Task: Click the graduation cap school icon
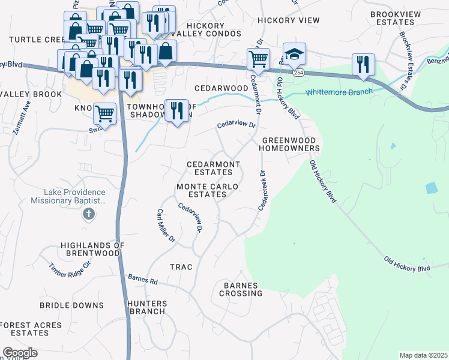(294, 54)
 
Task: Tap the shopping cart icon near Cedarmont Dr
(258, 59)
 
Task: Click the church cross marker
(88, 214)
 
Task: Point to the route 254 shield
(298, 72)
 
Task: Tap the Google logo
(20, 353)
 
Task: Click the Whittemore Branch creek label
(339, 92)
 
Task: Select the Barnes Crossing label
(241, 289)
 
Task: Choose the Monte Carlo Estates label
(207, 191)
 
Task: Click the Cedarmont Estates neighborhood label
(213, 168)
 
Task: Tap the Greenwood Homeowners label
(289, 144)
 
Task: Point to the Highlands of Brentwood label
(92, 250)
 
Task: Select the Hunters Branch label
(146, 307)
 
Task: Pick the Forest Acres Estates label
(30, 329)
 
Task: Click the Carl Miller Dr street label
(165, 226)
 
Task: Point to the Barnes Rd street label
(143, 280)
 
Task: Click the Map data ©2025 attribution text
(423, 355)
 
